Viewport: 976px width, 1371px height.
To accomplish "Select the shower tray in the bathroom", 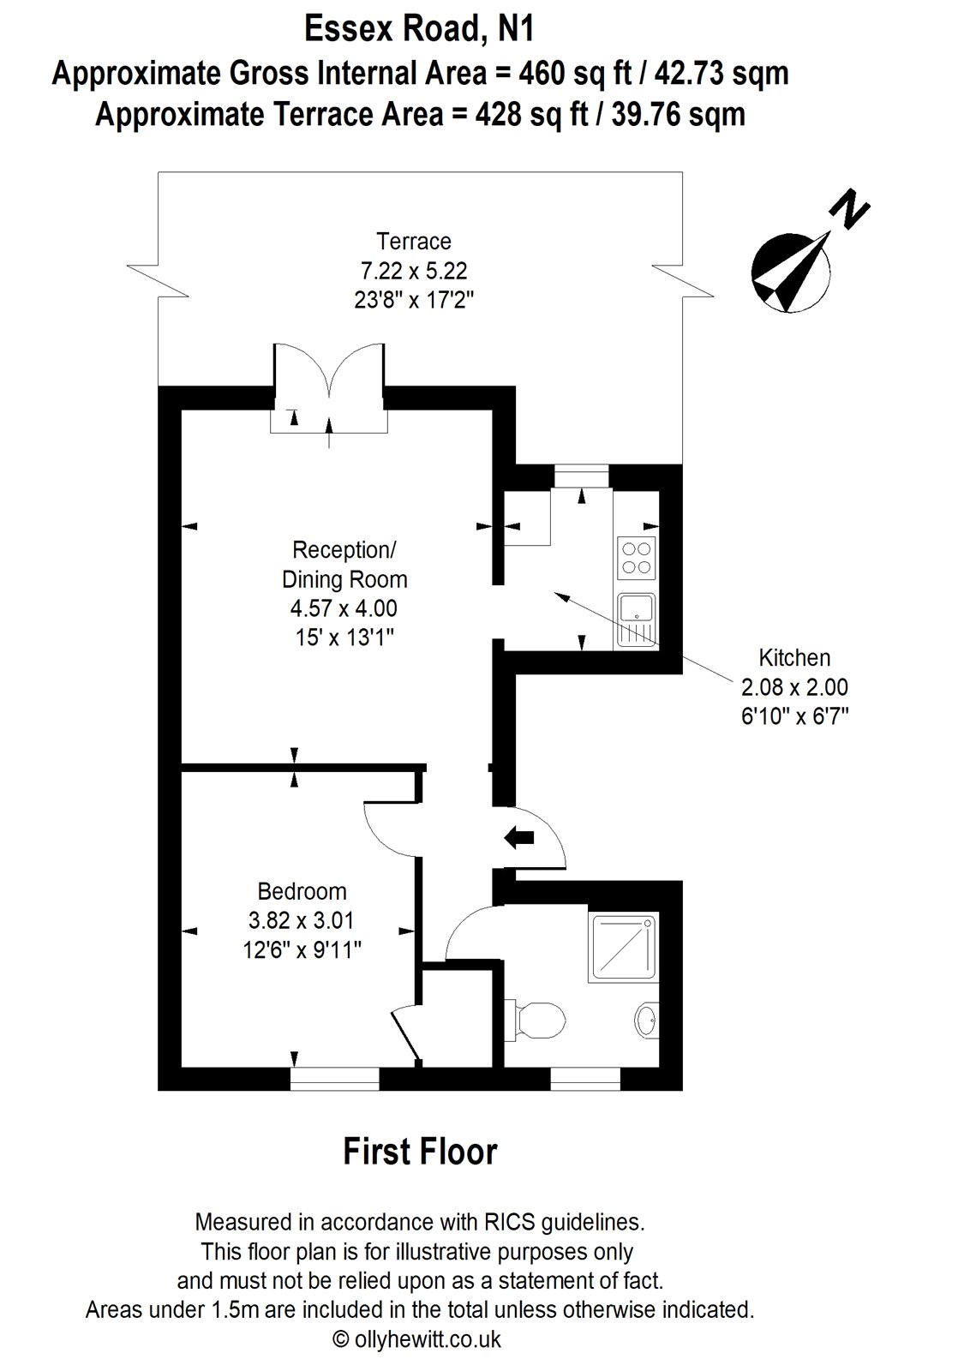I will coord(623,947).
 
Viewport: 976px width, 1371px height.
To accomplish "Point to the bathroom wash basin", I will coord(647,1021).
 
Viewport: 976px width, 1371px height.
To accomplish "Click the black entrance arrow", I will coord(518,837).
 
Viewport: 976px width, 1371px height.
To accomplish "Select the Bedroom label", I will coord(302,891).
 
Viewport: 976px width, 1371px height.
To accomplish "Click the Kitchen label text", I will coord(794,658).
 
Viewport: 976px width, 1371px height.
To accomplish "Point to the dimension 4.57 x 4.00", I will coord(344,608).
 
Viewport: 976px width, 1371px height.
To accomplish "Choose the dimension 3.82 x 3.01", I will coord(301,920).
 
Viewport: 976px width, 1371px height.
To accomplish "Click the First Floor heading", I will coord(420,1151).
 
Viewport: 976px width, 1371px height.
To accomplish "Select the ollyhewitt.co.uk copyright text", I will coord(419,1339).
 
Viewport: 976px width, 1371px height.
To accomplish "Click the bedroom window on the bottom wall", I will coord(334,1078).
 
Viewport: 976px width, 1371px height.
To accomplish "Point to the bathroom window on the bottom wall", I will coord(585,1078).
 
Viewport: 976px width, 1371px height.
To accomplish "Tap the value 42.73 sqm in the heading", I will coord(721,74).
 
